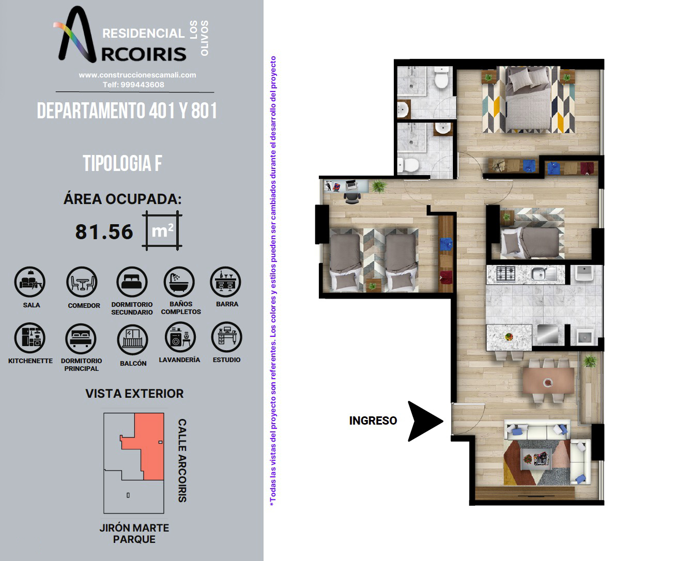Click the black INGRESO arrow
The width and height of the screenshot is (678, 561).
coord(424,421)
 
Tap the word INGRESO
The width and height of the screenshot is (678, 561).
coord(373,420)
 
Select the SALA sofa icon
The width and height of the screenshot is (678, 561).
coord(30,282)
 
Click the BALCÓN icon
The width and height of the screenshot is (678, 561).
coord(132,339)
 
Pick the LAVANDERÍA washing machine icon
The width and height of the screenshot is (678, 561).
coord(180,337)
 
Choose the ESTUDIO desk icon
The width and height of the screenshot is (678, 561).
coord(227,337)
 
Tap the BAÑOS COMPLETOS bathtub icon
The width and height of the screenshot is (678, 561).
coord(179,282)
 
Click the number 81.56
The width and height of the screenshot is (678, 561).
coord(104,232)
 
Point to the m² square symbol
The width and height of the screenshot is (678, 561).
coord(162,230)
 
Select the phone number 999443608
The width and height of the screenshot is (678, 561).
coord(142,85)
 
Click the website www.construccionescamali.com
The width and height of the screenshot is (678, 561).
coord(137,75)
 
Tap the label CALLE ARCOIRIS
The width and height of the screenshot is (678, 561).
coord(182,460)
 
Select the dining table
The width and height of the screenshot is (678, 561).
coord(548,381)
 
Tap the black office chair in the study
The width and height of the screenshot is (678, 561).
coord(352,197)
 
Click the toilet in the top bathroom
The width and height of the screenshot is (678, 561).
coord(441,78)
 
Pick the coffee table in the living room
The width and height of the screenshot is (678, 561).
coord(536,459)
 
